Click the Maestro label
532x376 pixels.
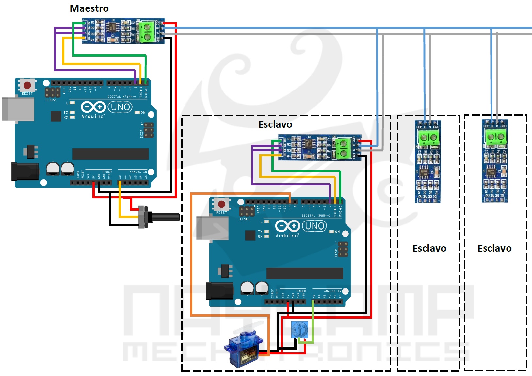(89, 8)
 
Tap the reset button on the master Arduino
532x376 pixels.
(27, 86)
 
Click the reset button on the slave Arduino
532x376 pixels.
(221, 204)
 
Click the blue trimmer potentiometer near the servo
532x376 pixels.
(299, 330)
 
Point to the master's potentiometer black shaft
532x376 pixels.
(165, 217)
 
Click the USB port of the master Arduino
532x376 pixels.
(18, 109)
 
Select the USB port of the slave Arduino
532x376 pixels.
(212, 228)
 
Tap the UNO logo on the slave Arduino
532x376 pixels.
(314, 226)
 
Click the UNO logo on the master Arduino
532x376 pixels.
(120, 107)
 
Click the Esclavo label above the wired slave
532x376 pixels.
(275, 124)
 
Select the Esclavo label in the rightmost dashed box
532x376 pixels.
(494, 248)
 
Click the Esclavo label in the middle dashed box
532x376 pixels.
(429, 248)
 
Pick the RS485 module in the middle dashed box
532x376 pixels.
(428, 161)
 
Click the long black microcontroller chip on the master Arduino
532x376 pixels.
(110, 154)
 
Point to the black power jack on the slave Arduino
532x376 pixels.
(219, 291)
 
